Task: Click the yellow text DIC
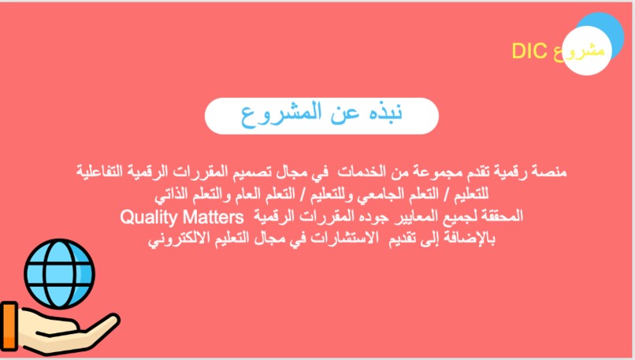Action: coord(528,52)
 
